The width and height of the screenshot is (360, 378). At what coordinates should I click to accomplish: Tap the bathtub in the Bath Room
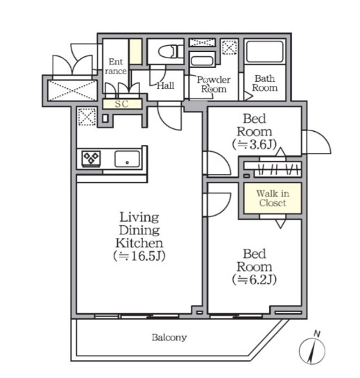[x=265, y=51]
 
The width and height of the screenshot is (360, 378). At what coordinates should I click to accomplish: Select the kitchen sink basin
[x=127, y=159]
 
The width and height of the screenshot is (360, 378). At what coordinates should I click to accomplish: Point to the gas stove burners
[x=91, y=158]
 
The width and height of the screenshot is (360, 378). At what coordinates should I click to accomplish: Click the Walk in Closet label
[x=273, y=198]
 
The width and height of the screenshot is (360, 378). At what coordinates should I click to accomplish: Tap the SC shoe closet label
[x=121, y=104]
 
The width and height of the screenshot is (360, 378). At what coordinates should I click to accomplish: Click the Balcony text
[x=169, y=337]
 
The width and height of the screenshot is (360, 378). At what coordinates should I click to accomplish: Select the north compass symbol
[x=312, y=349]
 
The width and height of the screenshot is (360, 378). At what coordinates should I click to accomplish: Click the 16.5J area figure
[x=139, y=256]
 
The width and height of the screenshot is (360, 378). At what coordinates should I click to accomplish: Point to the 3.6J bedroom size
[x=255, y=145]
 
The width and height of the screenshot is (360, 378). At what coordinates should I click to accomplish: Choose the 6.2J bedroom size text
[x=255, y=280]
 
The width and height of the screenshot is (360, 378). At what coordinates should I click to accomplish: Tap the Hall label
[x=165, y=85]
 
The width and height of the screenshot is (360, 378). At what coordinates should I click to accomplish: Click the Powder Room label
[x=214, y=85]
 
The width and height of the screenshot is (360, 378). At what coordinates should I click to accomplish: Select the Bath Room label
[x=265, y=83]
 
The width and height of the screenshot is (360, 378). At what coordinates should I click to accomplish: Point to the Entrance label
[x=116, y=67]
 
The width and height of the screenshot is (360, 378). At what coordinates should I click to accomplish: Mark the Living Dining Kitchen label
[x=139, y=230]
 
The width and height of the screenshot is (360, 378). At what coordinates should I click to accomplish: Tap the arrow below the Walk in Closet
[x=280, y=224]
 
